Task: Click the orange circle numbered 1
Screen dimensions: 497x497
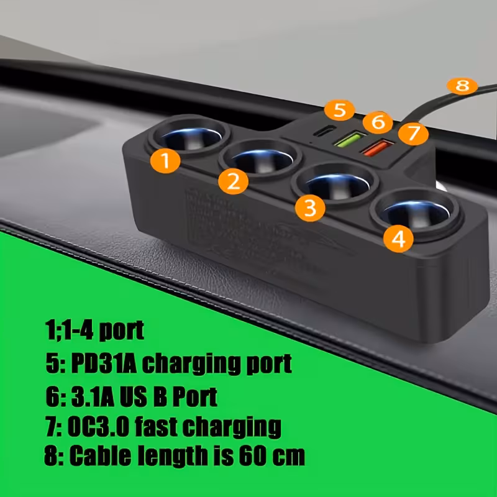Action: click(165, 161)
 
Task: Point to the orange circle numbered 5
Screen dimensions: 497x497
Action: click(339, 111)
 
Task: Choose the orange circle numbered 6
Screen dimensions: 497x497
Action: click(378, 121)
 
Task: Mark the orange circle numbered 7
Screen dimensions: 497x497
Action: click(414, 133)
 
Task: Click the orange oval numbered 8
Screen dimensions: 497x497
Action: click(462, 86)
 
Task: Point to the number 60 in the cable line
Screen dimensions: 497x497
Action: click(253, 457)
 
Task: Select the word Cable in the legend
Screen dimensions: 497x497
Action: click(103, 457)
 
